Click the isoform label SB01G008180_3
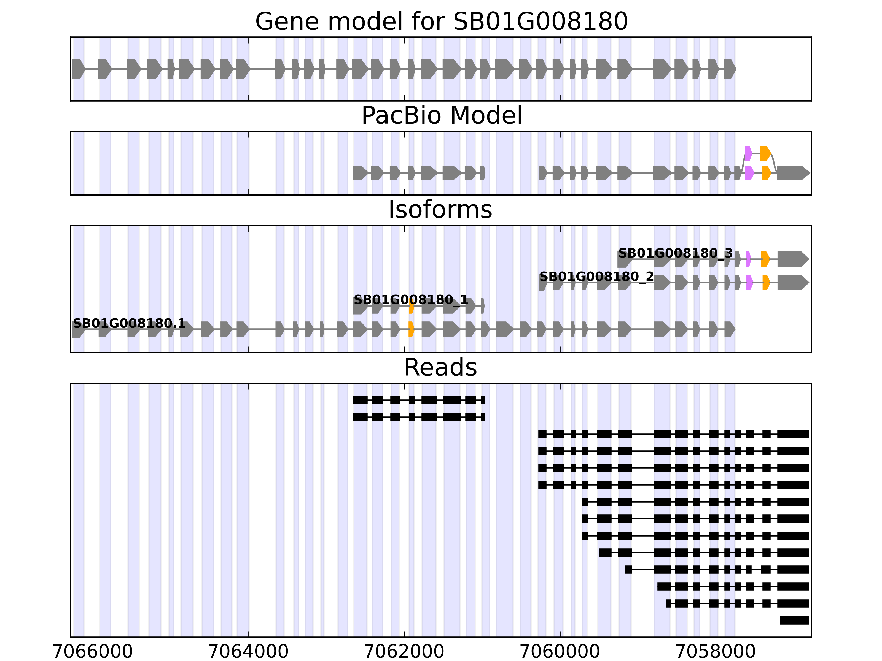tap(675, 253)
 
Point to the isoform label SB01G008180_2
tap(596, 277)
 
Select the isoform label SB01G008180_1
tap(411, 300)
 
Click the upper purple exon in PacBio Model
tap(748, 153)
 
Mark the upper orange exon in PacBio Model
tap(765, 153)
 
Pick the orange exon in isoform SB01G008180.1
tap(411, 329)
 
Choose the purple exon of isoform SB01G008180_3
tap(748, 259)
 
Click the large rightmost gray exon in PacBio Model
tap(793, 173)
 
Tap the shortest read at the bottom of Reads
tap(794, 620)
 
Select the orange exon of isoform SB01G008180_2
tap(766, 283)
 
